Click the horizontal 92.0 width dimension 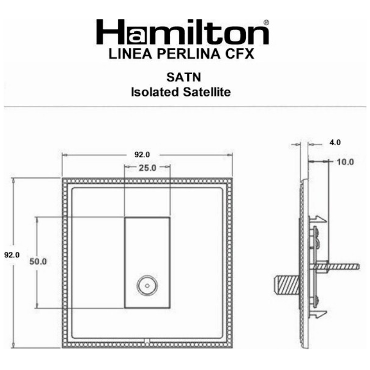[142, 155]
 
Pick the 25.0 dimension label [147, 168]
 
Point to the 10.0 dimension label [345, 161]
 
